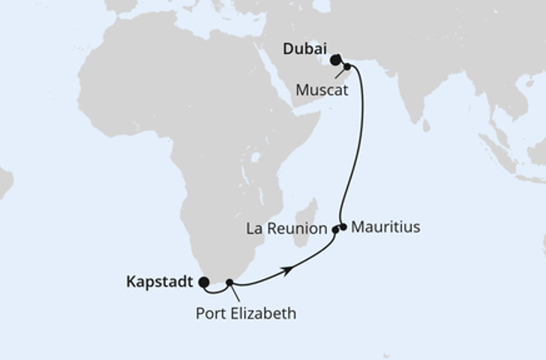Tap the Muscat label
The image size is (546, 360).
click(320, 89)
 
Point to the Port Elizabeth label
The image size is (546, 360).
click(246, 313)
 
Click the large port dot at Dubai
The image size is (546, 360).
click(335, 59)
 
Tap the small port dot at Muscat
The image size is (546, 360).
click(347, 67)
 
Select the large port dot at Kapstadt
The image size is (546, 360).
click(202, 282)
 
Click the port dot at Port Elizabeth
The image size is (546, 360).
click(230, 283)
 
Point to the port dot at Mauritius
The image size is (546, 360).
click(343, 226)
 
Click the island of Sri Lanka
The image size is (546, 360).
click(425, 125)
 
